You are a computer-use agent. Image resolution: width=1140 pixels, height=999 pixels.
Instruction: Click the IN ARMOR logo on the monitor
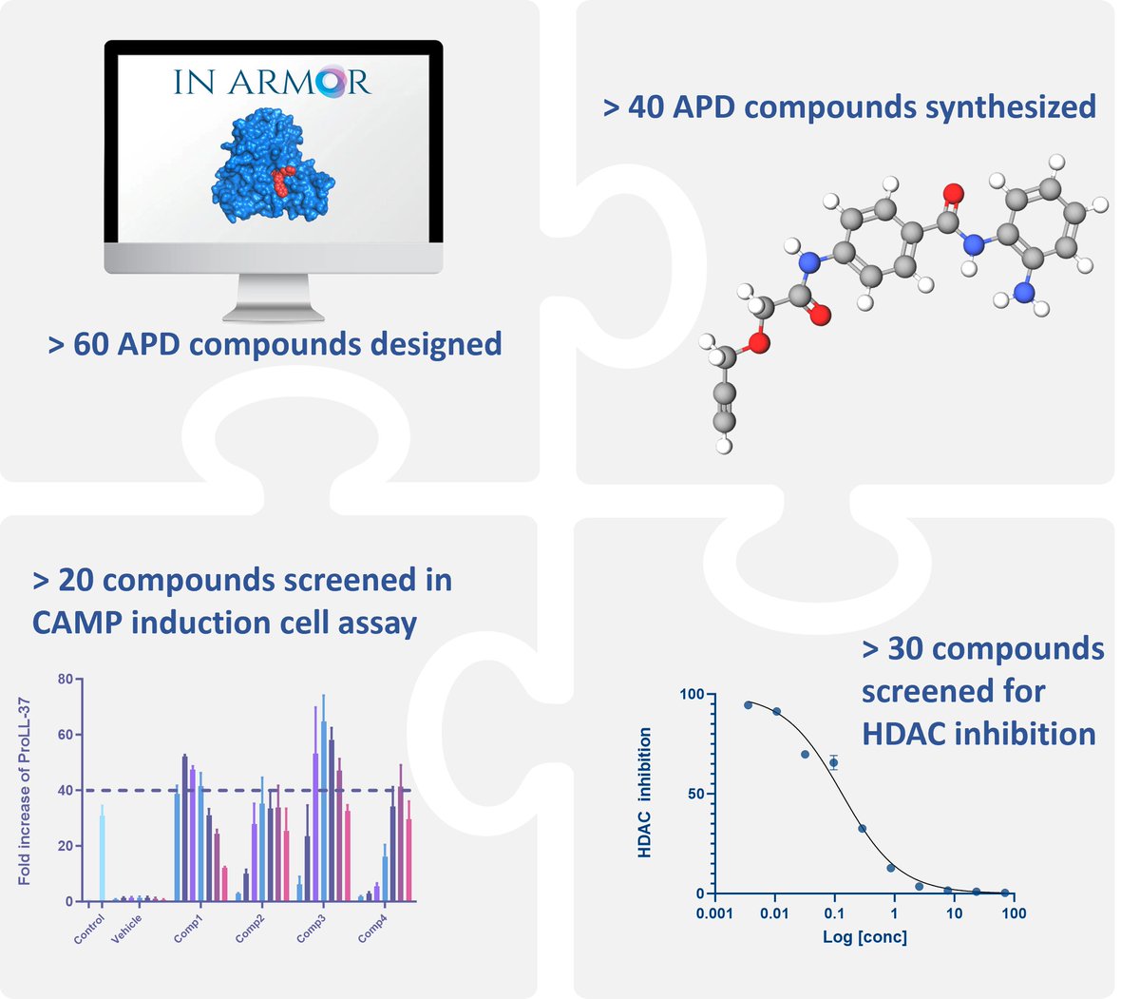coord(272,82)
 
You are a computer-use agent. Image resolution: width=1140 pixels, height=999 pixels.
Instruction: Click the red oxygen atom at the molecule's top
coord(953,195)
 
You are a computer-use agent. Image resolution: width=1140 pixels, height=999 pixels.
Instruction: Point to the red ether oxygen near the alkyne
coord(757,343)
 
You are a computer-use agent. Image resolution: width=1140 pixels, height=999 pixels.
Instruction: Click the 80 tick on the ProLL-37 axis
coord(65,679)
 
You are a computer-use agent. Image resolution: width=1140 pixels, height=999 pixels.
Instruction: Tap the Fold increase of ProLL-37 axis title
coord(26,790)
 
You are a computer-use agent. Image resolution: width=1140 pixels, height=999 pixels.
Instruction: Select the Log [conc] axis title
coord(864,938)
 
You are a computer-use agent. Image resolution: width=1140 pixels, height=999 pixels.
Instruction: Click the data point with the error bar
coord(833,762)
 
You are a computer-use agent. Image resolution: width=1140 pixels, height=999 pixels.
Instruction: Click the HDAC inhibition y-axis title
coord(645,794)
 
